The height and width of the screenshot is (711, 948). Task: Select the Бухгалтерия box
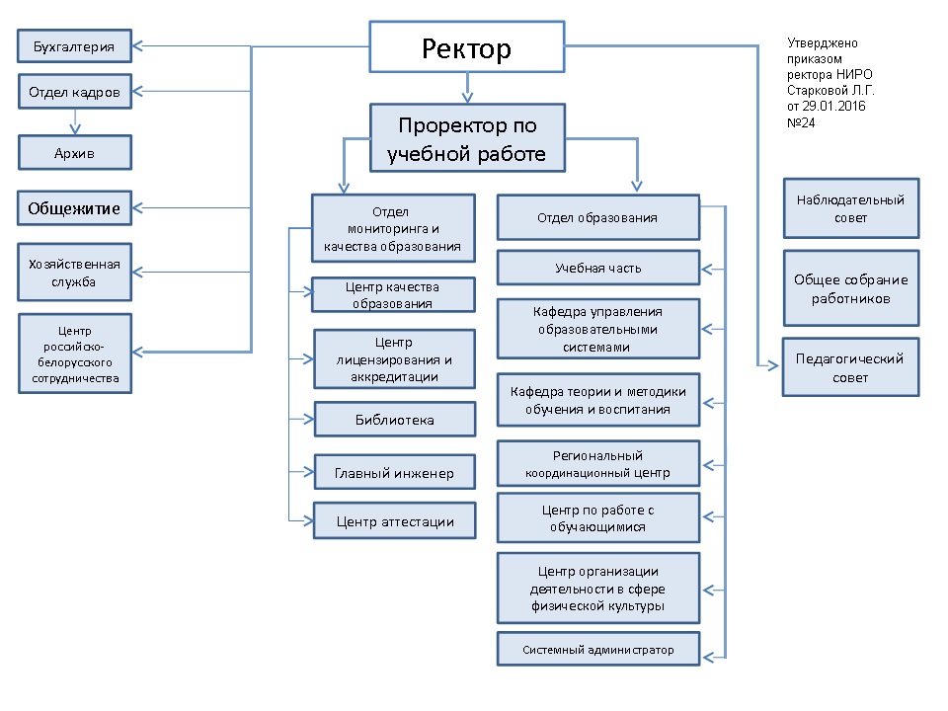pyautogui.click(x=75, y=45)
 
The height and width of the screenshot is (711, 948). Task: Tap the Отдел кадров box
pyautogui.click(x=75, y=92)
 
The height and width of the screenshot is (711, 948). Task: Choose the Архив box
pyautogui.click(x=75, y=152)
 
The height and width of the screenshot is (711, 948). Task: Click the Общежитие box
pyautogui.click(x=75, y=208)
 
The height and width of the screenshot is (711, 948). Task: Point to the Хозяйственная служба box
pyautogui.click(x=75, y=272)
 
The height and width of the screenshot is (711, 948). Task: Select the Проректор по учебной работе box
pyautogui.click(x=467, y=139)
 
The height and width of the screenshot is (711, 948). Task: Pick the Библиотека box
pyautogui.click(x=394, y=420)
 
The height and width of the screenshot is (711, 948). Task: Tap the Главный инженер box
pyautogui.click(x=394, y=473)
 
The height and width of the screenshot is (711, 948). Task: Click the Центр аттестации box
pyautogui.click(x=394, y=520)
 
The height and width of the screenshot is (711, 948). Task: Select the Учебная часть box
pyautogui.click(x=597, y=268)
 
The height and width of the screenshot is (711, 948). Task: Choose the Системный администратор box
pyautogui.click(x=597, y=650)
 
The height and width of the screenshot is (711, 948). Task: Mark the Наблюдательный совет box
pyautogui.click(x=850, y=208)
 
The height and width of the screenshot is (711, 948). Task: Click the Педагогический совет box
pyautogui.click(x=850, y=368)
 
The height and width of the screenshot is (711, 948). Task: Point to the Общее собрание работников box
pyautogui.click(x=850, y=288)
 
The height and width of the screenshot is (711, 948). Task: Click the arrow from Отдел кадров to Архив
pyautogui.click(x=75, y=121)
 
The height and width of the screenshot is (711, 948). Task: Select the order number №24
pyautogui.click(x=801, y=122)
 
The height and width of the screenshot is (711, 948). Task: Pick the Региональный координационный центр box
pyautogui.click(x=597, y=464)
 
